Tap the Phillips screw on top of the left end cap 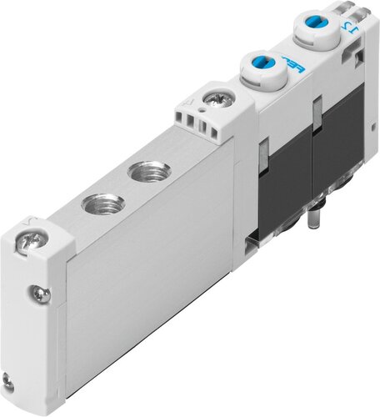coord(27,244)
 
